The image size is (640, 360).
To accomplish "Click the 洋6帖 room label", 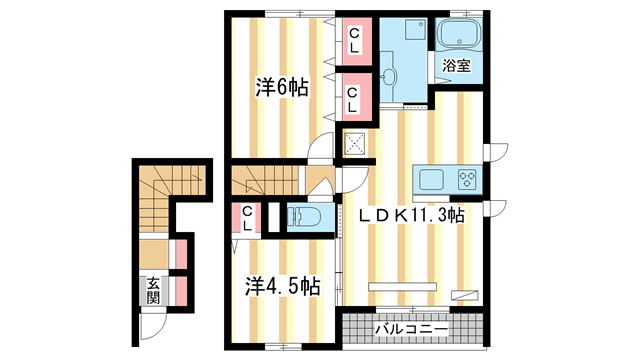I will (x=281, y=88).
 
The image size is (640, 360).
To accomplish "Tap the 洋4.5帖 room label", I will (x=283, y=286).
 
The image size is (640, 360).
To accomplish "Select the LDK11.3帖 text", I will (x=412, y=215).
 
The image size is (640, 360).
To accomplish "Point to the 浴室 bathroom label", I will (x=457, y=67).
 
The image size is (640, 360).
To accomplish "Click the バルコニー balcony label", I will (x=411, y=327).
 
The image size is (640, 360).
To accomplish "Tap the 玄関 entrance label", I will (x=154, y=290).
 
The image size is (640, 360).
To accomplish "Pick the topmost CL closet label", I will (x=354, y=39).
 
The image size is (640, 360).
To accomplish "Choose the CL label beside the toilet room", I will (x=246, y=217).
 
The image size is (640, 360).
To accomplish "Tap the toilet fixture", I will (x=303, y=216).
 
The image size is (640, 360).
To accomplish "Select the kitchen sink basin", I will (x=432, y=180).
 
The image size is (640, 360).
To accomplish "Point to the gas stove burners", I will (x=467, y=180).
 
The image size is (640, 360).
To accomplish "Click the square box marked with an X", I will (x=356, y=143).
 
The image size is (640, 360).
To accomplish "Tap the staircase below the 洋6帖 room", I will (x=264, y=182).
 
